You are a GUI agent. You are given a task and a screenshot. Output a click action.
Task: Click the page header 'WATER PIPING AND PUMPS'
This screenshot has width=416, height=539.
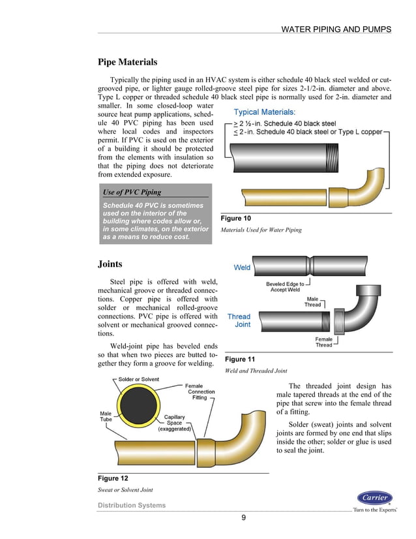tap(336, 29)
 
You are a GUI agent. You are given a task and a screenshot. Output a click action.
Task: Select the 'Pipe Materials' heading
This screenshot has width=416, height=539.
tap(127, 63)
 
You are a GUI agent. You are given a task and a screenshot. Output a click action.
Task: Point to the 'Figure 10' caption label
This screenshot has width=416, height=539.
tap(236, 218)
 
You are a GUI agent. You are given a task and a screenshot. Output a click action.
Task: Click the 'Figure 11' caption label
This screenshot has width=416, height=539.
tap(239, 360)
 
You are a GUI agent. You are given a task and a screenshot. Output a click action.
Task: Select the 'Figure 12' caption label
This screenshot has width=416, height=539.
tap(113, 478)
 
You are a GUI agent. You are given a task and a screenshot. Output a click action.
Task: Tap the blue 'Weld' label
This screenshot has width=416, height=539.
tap(242, 268)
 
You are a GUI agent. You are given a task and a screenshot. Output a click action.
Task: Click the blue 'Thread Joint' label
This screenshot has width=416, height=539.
tap(239, 320)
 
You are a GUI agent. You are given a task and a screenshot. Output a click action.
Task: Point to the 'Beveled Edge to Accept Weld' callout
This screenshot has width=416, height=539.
tap(285, 287)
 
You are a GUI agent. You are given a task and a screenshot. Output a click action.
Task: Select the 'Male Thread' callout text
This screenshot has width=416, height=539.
tap(313, 301)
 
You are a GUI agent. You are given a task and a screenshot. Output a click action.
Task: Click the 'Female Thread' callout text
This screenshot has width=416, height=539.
tap(324, 342)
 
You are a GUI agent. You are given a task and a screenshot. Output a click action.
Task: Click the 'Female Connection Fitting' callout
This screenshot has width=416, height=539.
tap(201, 392)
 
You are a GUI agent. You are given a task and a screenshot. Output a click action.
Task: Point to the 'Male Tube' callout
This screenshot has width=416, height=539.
tap(106, 416)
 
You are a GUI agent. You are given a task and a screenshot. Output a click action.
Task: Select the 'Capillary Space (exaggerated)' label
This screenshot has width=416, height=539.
tap(175, 423)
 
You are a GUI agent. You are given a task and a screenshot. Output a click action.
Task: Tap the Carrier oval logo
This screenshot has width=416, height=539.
tap(375, 498)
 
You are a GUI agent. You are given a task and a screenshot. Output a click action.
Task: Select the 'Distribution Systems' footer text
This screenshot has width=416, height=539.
tap(132, 505)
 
